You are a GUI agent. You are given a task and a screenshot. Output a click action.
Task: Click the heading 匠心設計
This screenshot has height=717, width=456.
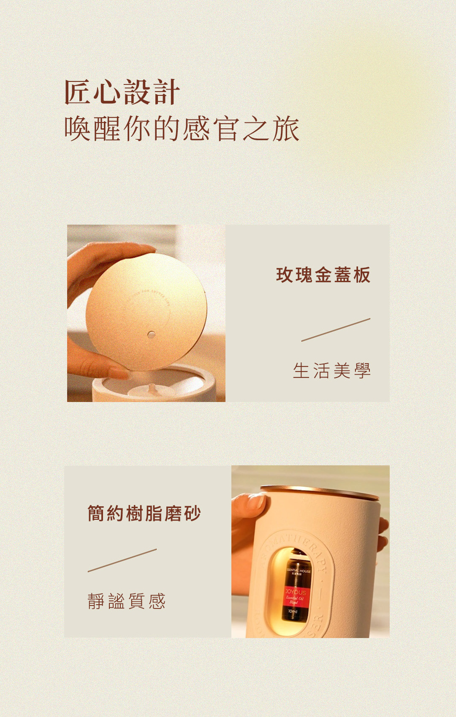(x=122, y=92)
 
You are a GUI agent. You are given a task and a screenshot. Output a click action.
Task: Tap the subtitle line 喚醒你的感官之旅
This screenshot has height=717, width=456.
(x=182, y=128)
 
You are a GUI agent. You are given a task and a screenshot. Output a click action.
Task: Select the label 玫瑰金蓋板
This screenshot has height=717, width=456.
(x=323, y=275)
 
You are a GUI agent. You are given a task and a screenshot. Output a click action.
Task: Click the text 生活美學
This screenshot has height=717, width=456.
(x=332, y=371)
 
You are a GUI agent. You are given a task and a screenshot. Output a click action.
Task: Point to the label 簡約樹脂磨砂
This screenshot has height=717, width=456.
(x=144, y=513)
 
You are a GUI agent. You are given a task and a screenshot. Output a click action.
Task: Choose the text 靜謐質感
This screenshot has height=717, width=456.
(x=127, y=601)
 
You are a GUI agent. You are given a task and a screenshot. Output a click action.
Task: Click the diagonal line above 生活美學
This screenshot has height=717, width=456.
(x=336, y=330)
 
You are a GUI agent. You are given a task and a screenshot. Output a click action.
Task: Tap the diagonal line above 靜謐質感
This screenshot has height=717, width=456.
(x=122, y=560)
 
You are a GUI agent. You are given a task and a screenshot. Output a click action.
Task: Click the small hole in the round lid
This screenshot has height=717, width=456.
(x=151, y=335)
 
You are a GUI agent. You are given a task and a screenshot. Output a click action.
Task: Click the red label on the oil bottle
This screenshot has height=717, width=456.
(x=296, y=596)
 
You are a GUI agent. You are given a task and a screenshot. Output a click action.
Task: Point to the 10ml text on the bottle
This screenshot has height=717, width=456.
(x=293, y=611)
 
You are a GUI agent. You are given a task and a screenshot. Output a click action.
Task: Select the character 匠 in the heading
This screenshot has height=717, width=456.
(x=77, y=92)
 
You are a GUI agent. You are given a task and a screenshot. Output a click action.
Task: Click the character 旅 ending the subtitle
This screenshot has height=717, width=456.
(x=286, y=128)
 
